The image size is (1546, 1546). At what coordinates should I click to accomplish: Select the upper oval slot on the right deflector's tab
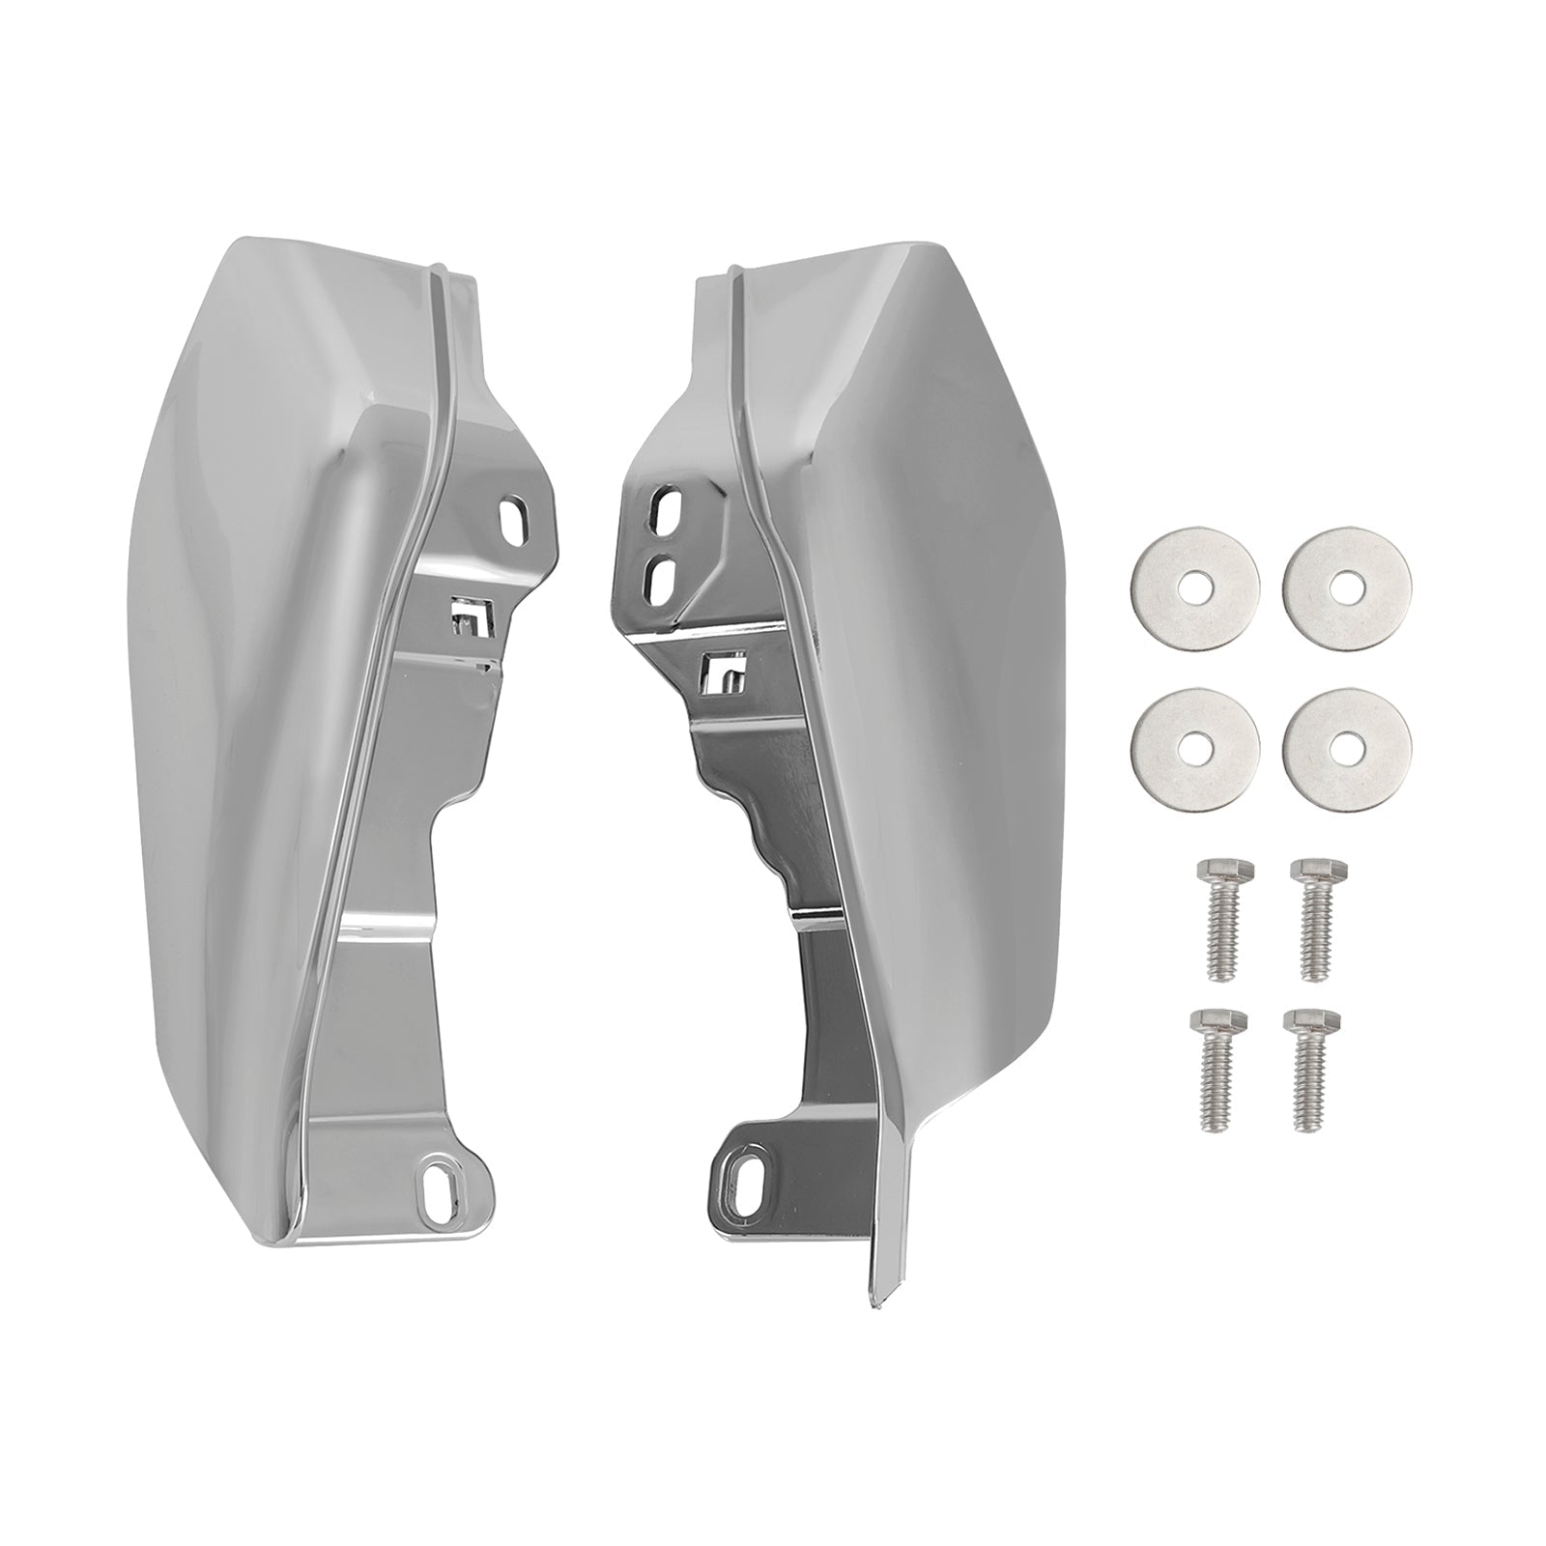click(666, 505)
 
